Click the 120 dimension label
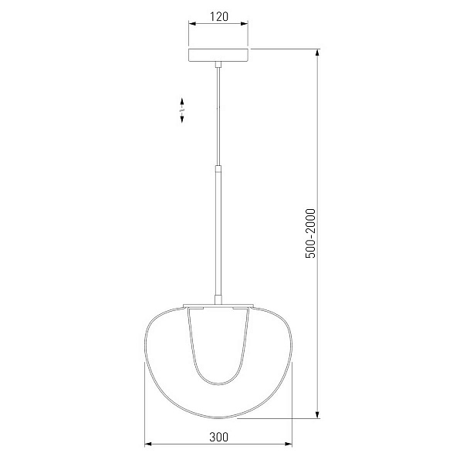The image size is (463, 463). click(219, 16)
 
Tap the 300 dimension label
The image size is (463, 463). click(219, 437)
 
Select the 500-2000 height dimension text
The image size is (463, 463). click(310, 233)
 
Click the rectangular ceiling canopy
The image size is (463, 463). click(218, 55)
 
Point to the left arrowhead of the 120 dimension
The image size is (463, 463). click(192, 24)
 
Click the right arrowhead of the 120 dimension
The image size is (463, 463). click(244, 24)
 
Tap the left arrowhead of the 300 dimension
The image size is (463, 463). click(148, 444)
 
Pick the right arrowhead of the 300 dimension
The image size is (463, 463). click(288, 444)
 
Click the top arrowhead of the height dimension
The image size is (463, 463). click(317, 52)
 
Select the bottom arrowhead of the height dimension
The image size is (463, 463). click(317, 414)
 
